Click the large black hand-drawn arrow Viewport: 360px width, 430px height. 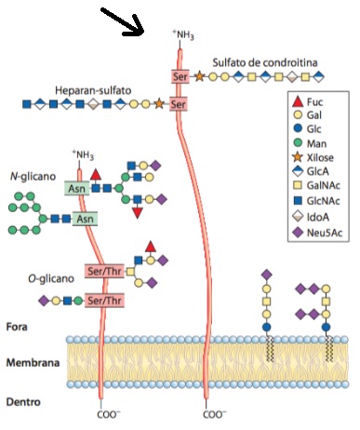pyautogui.click(x=123, y=21)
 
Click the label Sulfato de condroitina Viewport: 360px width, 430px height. pyautogui.click(x=265, y=62)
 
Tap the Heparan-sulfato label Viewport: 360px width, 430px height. pyautogui.click(x=93, y=90)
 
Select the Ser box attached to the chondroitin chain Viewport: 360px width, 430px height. pyautogui.click(x=180, y=76)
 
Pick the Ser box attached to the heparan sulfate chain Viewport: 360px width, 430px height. pyautogui.click(x=178, y=104)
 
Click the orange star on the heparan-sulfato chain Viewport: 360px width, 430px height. pyautogui.click(x=159, y=103)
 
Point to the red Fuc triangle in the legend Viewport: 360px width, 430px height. pyautogui.click(x=298, y=101)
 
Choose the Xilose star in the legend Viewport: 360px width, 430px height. pyautogui.click(x=298, y=157)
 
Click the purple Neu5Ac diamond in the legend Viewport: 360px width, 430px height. pyautogui.click(x=298, y=232)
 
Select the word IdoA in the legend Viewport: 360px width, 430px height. pyautogui.click(x=318, y=217)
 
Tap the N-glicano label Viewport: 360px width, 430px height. pyautogui.click(x=33, y=177)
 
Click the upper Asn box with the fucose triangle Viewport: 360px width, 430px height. pyautogui.click(x=77, y=188)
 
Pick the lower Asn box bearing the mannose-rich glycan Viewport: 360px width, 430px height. pyautogui.click(x=85, y=219)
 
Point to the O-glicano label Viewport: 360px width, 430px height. pyautogui.click(x=51, y=278)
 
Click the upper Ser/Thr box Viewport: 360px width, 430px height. pyautogui.click(x=104, y=271)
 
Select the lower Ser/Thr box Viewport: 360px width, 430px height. pyautogui.click(x=104, y=301)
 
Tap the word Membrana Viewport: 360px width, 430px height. pyautogui.click(x=33, y=362)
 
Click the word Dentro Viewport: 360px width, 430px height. pyautogui.click(x=23, y=402)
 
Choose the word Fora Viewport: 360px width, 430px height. pyautogui.click(x=17, y=327)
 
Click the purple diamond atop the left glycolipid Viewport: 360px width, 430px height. pyautogui.click(x=266, y=275)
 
